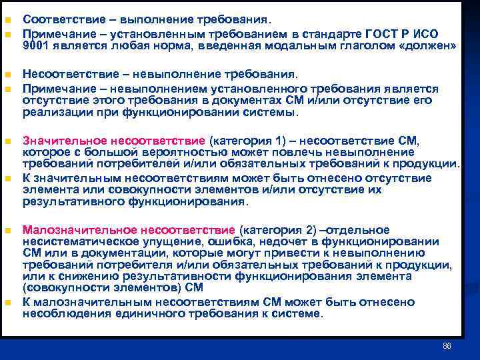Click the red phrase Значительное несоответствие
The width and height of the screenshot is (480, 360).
pos(114,141)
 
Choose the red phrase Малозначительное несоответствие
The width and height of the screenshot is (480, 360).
pos(129,231)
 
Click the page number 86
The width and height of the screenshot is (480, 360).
pos(447,347)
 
